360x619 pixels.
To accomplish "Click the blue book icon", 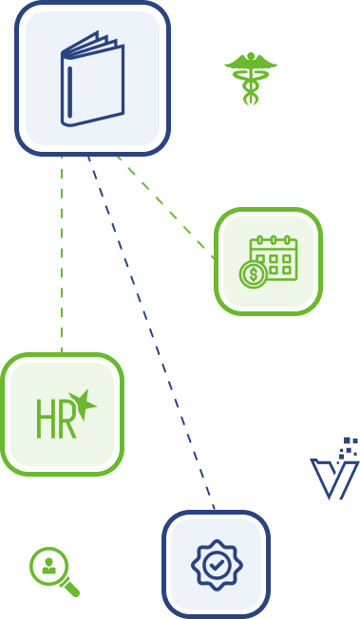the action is [92, 79].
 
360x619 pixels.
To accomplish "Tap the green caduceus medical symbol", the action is [251, 79].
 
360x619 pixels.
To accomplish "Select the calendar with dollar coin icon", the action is [268, 262].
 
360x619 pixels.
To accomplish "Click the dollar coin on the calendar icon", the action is [254, 274].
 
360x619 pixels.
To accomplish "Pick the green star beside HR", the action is [83, 403].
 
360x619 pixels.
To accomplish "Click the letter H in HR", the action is [45, 419].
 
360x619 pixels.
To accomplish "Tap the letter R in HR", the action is [66, 419].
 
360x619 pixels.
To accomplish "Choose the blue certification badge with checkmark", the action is [217, 565].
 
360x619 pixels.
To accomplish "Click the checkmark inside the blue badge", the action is [217, 565].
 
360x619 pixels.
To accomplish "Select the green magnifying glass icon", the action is [54, 572].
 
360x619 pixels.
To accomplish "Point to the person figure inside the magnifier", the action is [48, 566].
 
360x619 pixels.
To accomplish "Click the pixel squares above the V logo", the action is [349, 448].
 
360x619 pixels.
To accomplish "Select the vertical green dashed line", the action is [62, 254].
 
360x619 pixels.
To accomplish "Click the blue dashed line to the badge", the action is [151, 333].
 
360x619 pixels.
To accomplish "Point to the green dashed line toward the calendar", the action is [165, 208].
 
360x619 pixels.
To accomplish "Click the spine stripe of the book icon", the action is [70, 92].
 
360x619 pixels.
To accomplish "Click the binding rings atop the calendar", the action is [273, 240].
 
